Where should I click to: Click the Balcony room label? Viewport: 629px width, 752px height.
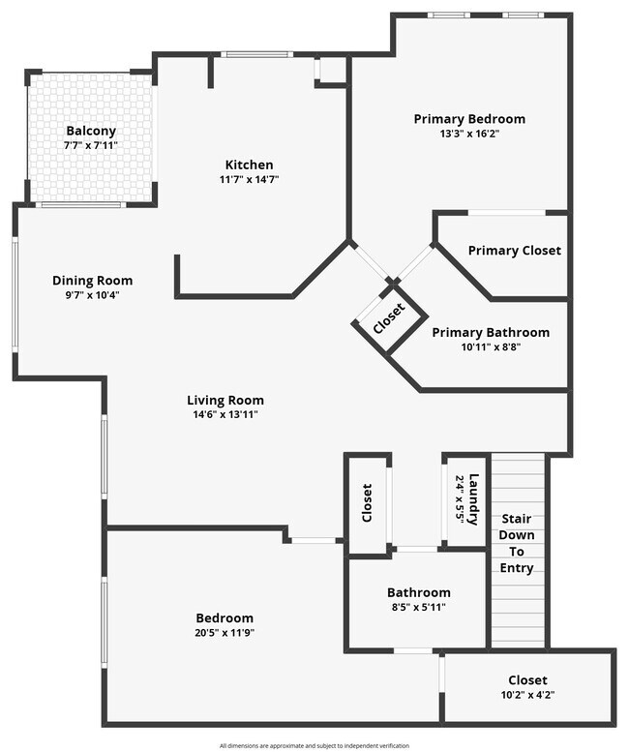91,131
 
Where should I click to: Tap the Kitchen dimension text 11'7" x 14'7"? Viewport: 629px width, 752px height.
249,179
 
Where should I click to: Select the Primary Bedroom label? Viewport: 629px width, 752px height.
469,119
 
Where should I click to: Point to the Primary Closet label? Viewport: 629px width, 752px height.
514,251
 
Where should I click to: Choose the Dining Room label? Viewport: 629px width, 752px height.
92,281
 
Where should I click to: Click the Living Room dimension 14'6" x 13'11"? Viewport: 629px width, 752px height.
225,414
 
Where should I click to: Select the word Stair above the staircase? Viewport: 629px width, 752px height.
516,519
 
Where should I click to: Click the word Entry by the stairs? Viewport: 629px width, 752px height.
516,568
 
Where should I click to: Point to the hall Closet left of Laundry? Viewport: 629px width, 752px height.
368,503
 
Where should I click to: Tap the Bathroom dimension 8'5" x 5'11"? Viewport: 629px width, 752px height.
418,608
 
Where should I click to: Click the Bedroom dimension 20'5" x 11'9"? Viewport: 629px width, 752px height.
225,633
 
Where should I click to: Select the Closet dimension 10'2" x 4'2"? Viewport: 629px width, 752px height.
527,695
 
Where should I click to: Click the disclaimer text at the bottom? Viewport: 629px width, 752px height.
314,746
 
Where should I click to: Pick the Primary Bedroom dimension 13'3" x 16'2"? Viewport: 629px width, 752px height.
469,134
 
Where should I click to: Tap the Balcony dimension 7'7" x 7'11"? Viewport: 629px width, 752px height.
91,145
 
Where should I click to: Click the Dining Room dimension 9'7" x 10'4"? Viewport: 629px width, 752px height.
92,295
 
